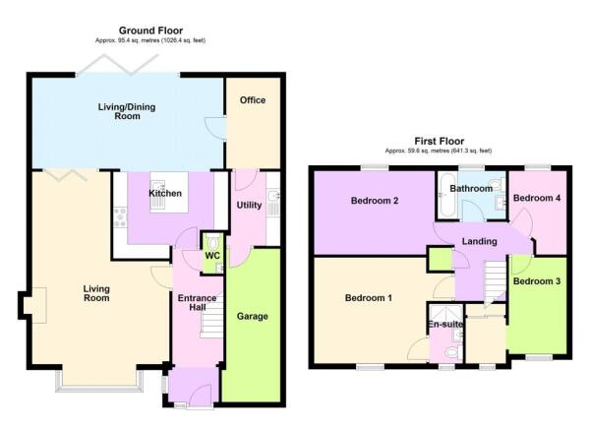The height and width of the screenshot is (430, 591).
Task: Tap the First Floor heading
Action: [x=439, y=142]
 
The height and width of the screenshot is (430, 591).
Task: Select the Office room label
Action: [x=253, y=100]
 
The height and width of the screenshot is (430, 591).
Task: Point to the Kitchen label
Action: [x=164, y=194]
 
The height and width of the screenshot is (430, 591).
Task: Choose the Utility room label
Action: [x=248, y=205]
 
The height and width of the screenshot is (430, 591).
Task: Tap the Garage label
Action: [x=252, y=316]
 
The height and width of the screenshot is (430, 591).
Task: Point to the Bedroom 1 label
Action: [x=367, y=298]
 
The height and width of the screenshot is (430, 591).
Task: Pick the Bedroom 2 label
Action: [x=374, y=202]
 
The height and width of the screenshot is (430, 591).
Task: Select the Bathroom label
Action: [x=471, y=187]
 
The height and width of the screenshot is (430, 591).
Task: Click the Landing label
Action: [x=479, y=242]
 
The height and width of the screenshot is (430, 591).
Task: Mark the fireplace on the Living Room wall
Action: [x=36, y=306]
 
